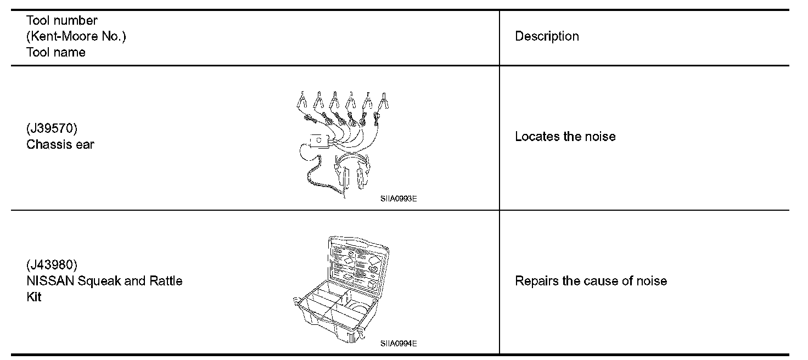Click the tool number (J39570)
pyautogui.click(x=52, y=129)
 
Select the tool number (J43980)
pyautogui.click(x=52, y=265)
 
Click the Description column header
pyautogui.click(x=547, y=36)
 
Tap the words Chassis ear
pyautogui.click(x=60, y=145)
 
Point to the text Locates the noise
pyautogui.click(x=565, y=137)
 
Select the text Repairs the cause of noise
pyautogui.click(x=591, y=281)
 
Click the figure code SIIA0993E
pyautogui.click(x=398, y=200)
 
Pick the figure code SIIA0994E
pyautogui.click(x=398, y=344)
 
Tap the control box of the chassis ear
pyautogui.click(x=319, y=142)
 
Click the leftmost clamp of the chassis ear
pyautogui.click(x=302, y=100)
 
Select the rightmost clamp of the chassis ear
pyautogui.click(x=386, y=100)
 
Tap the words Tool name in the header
pyautogui.click(x=55, y=52)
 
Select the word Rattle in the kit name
pyautogui.click(x=166, y=281)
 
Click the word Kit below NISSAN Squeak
pyautogui.click(x=33, y=297)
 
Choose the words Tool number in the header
pyautogui.click(x=61, y=20)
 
